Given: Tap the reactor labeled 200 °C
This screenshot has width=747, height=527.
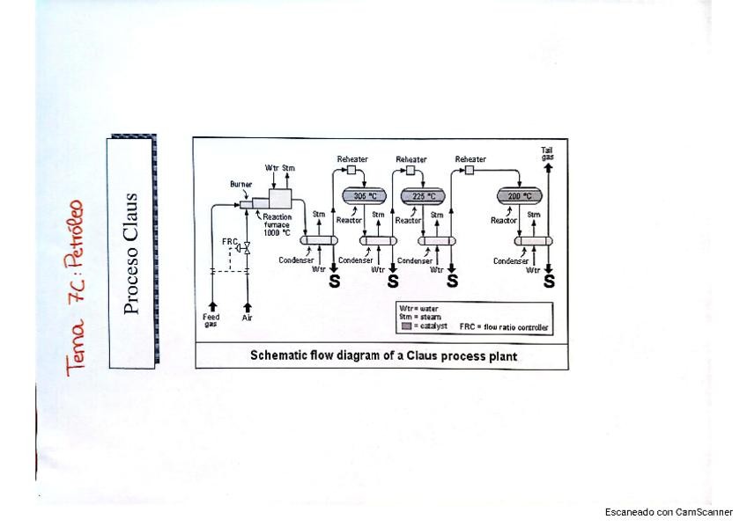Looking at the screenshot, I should click(x=521, y=195).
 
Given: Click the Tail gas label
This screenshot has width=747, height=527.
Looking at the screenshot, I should click(x=548, y=153).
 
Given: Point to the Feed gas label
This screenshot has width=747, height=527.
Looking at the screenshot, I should click(x=212, y=320).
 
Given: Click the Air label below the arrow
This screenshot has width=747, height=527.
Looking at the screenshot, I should click(x=247, y=318).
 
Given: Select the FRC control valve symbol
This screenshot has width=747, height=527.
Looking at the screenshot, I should click(x=247, y=250).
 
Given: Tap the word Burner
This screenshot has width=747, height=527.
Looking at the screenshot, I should click(x=240, y=185).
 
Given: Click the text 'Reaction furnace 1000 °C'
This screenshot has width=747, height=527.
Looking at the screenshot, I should click(x=277, y=224).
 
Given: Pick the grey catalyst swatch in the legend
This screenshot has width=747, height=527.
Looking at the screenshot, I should click(x=406, y=326).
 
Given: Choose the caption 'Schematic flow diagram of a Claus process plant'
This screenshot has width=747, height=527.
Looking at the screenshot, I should click(x=383, y=356).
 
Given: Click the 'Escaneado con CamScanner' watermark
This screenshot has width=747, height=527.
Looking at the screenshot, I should click(x=669, y=511).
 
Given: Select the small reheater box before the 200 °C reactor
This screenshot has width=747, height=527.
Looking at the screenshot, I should click(x=470, y=170).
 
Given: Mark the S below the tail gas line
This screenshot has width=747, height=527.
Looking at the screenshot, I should click(x=549, y=282).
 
